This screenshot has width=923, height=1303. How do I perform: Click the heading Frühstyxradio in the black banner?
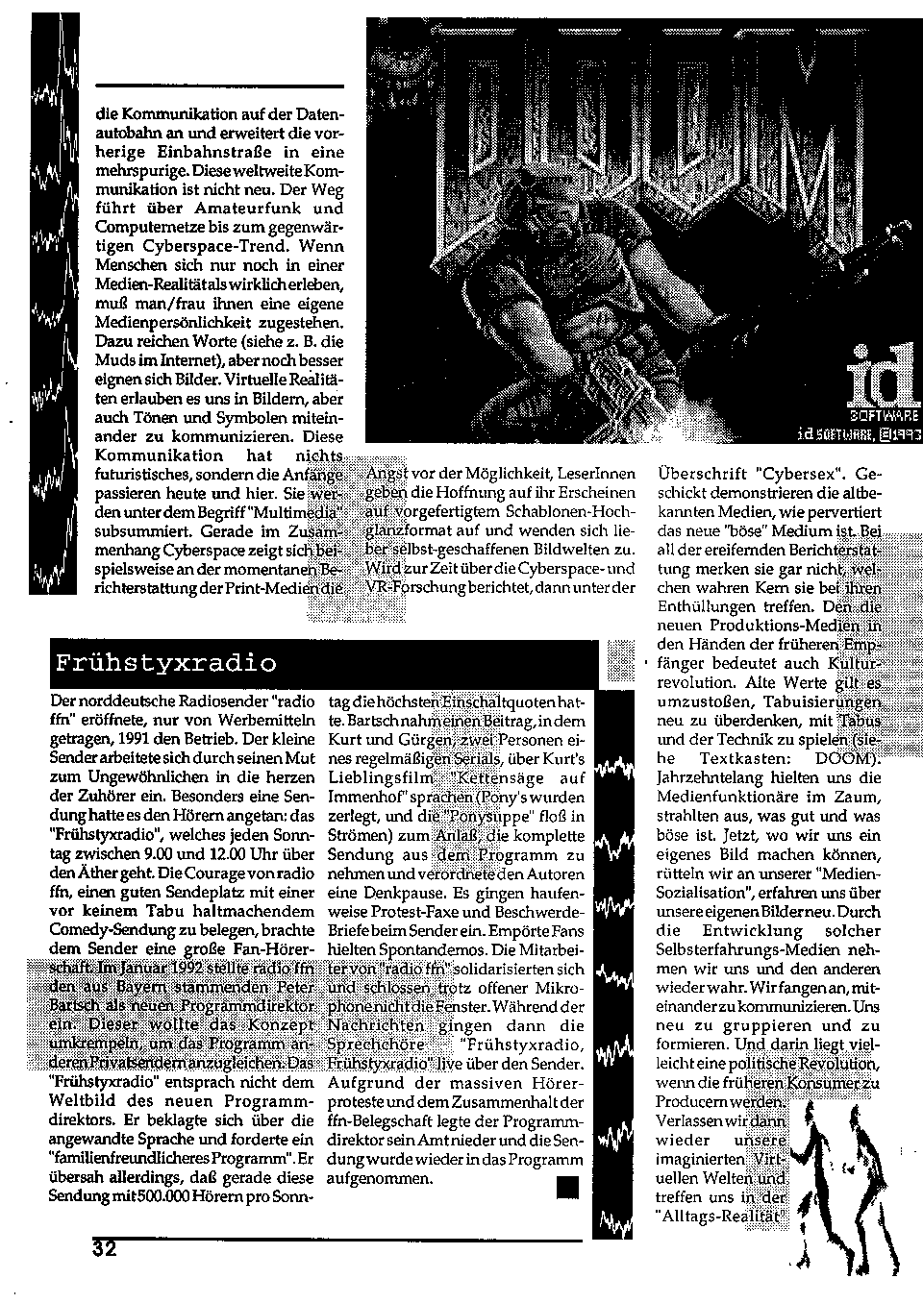point(165,663)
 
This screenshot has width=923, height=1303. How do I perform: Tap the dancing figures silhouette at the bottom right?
point(847,1192)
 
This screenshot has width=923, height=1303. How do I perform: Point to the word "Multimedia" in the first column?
point(289,509)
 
